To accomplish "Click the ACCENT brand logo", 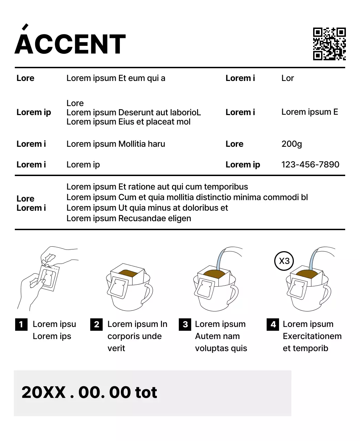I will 70,44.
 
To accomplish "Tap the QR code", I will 329,44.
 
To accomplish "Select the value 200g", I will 291,144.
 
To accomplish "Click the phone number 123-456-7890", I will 310,165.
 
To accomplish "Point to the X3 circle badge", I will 284,261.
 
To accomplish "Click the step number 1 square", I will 21,324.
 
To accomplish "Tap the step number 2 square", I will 96,324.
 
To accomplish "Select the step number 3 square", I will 185,324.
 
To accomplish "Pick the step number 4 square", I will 273,324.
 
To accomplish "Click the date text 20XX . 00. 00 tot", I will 89,392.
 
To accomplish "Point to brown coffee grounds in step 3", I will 216,275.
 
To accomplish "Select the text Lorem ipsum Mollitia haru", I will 115,144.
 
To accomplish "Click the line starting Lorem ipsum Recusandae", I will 128,218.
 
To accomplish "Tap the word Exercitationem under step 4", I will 312,336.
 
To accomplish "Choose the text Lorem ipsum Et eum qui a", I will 115,78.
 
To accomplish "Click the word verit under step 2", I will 116,348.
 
